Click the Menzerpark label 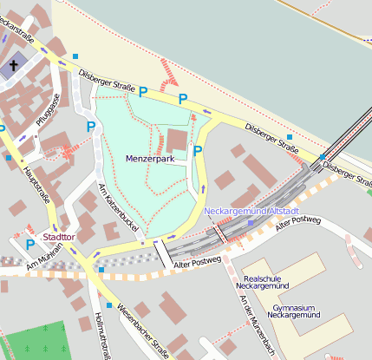(150, 160)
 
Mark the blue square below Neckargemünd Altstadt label (251, 223)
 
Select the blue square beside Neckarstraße (75, 56)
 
